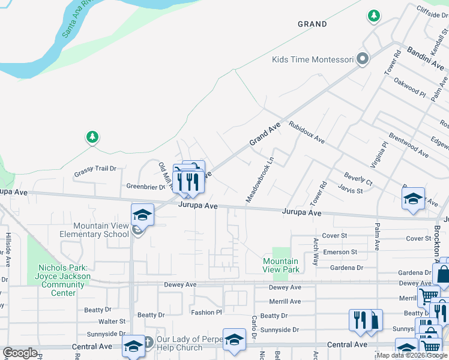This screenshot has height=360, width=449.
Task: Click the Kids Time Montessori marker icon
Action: (362, 59)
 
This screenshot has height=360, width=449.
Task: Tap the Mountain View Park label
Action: (281, 265)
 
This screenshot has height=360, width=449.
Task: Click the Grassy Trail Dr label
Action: (95, 169)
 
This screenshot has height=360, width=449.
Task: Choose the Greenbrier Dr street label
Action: (145, 187)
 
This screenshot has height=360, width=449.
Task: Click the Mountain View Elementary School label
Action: (94, 230)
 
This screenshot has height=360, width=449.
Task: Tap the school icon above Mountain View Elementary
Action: (143, 214)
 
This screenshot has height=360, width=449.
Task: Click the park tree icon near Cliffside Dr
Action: (373, 15)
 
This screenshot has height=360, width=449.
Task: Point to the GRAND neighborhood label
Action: (313, 25)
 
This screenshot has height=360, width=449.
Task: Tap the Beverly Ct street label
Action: (358, 178)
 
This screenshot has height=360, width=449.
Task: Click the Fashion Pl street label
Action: (206, 313)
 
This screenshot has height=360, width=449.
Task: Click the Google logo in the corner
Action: (20, 353)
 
